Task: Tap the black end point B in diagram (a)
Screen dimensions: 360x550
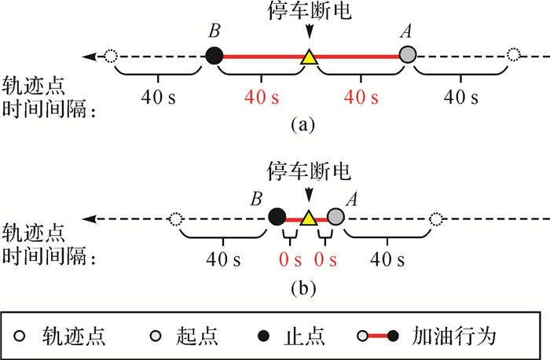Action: pos(214,55)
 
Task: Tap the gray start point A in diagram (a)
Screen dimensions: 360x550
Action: pos(407,55)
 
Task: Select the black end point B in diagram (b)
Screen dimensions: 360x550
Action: pos(277,217)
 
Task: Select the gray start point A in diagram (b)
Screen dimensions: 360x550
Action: pos(336,217)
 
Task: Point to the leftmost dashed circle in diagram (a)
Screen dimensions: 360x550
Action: pos(112,56)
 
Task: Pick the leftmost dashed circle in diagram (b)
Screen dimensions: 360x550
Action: pos(176,218)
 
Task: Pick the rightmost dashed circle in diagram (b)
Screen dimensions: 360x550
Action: pos(437,218)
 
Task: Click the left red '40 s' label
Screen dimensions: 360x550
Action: pos(262,99)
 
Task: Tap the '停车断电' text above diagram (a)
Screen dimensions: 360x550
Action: pos(309,11)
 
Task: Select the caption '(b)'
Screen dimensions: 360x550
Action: pos(303,288)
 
